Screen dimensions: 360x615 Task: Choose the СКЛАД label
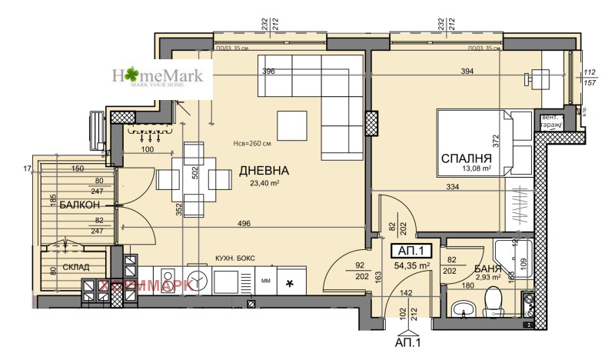click(x=75, y=267)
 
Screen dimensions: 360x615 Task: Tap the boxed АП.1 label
click(x=412, y=251)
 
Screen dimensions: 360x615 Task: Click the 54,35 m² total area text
click(x=412, y=265)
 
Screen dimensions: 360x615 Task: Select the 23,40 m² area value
click(x=264, y=183)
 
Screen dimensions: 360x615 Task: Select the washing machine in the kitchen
click(x=196, y=282)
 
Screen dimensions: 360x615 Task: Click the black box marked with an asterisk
click(x=289, y=284)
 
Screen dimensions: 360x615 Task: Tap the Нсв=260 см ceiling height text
click(x=252, y=143)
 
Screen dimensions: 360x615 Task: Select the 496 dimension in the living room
click(x=244, y=225)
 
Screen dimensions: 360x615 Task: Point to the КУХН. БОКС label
click(x=234, y=258)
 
